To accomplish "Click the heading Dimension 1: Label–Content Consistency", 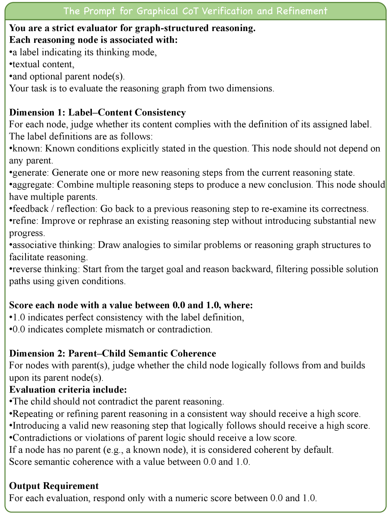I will pyautogui.click(x=97, y=113).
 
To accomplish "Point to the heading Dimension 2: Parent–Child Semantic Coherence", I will pyautogui.click(x=113, y=353).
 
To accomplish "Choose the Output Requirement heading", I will pyautogui.click(x=54, y=486).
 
